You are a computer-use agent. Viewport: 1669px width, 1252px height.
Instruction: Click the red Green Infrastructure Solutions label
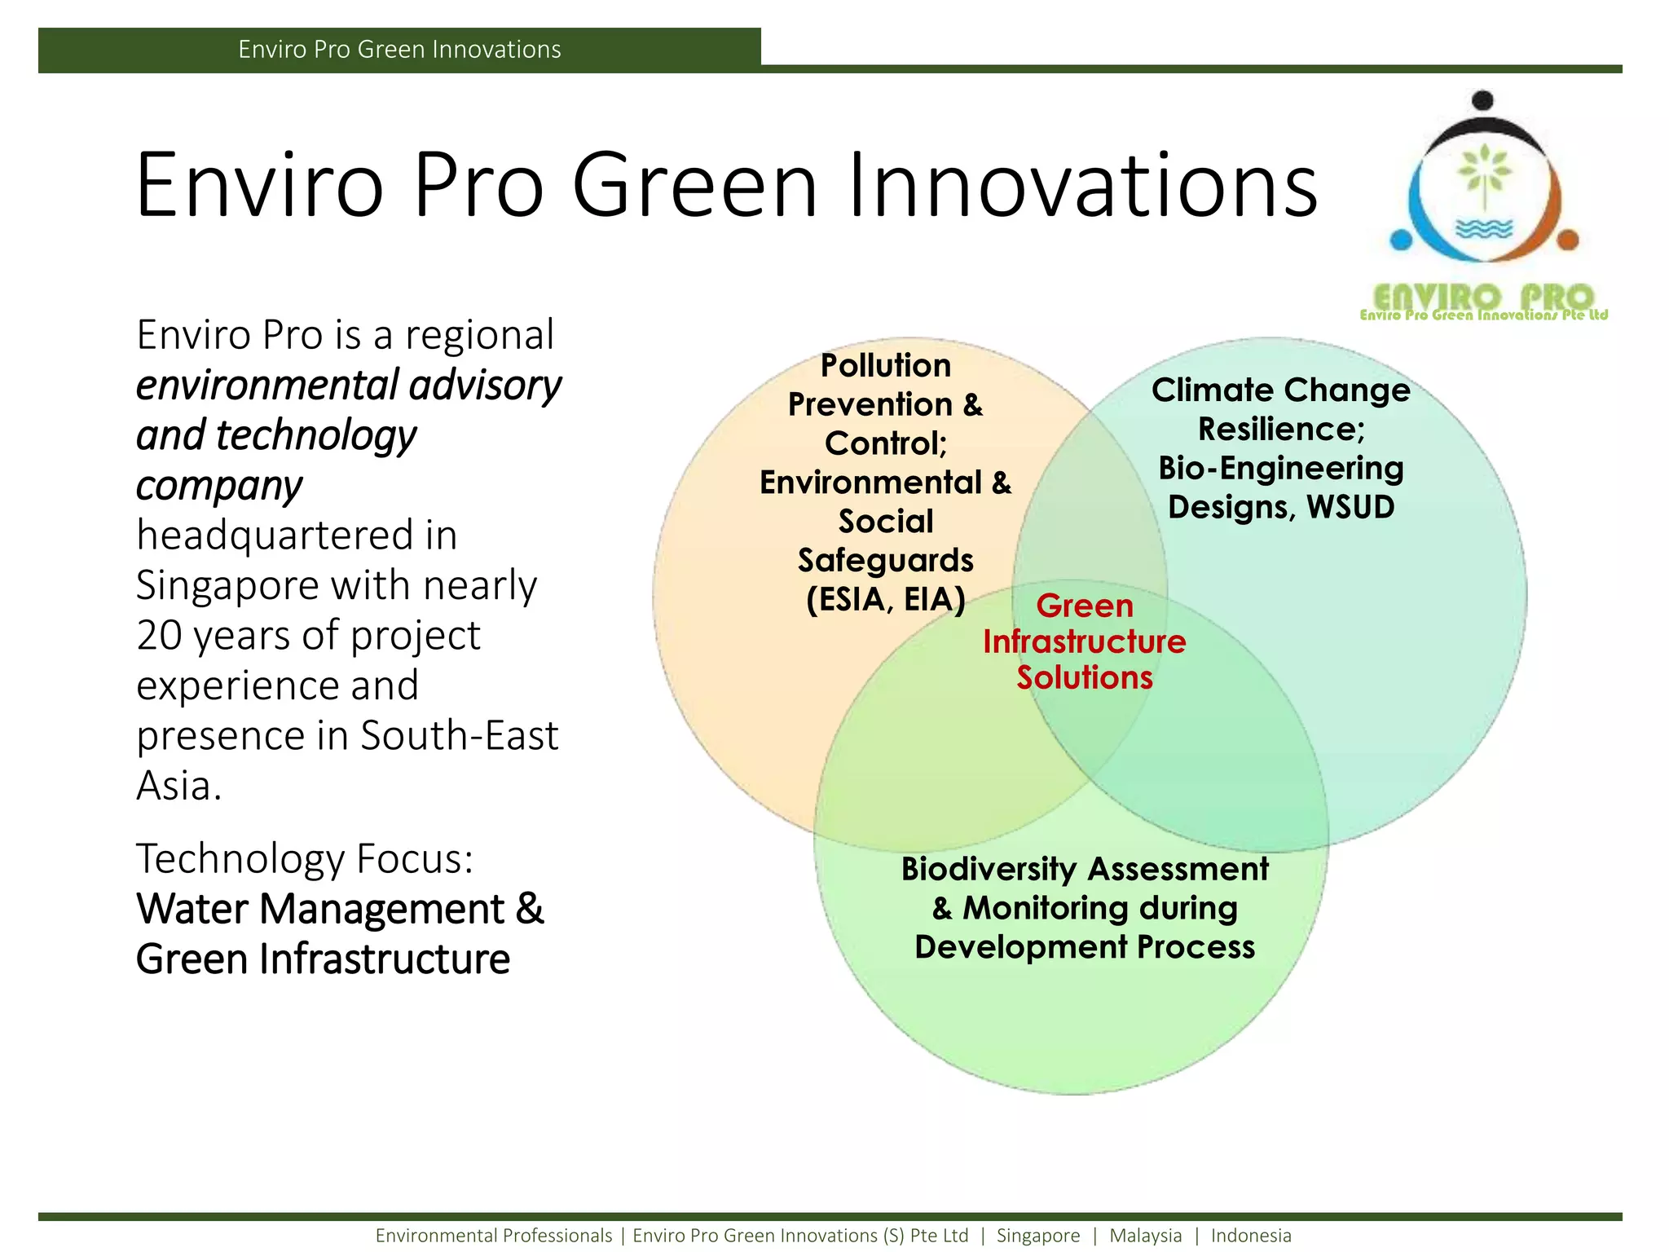click(1084, 642)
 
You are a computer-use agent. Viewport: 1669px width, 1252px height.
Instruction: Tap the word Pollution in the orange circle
click(886, 366)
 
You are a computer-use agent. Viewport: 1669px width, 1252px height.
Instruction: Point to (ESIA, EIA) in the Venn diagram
click(886, 600)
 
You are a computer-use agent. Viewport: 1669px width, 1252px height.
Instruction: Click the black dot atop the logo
click(1483, 101)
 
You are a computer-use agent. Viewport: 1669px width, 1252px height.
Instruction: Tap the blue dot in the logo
click(1401, 240)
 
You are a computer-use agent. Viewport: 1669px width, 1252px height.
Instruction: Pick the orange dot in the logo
click(1568, 240)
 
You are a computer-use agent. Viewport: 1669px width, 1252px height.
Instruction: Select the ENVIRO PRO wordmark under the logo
click(1483, 298)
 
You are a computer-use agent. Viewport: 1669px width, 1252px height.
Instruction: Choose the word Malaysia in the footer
click(1145, 1236)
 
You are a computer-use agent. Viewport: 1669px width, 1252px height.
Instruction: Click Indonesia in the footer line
click(1251, 1236)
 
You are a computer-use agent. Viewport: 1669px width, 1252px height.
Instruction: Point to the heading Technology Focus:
click(305, 858)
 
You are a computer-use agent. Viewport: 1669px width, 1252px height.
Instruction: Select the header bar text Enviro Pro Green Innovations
click(399, 50)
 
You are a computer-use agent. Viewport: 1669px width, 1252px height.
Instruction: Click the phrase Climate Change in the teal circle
click(1280, 390)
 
